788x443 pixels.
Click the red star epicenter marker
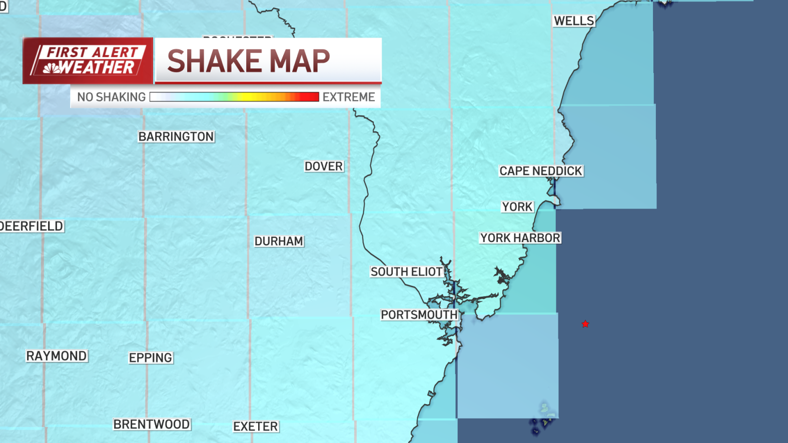click(585, 324)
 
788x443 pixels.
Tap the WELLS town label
click(574, 21)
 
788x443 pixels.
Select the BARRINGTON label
click(176, 136)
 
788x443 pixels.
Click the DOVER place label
click(324, 166)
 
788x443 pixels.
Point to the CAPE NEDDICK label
click(541, 171)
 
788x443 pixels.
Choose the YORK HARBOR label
click(520, 238)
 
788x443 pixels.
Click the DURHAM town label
click(279, 241)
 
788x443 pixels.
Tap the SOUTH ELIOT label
click(407, 271)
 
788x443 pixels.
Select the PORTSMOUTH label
click(419, 315)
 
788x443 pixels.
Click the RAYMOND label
click(57, 356)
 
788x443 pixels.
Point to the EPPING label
click(151, 358)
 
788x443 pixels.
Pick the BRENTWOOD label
click(152, 424)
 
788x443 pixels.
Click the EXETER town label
click(256, 426)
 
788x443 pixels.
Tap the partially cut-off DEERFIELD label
click(32, 226)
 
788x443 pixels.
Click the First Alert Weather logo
click(88, 60)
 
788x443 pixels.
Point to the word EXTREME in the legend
click(349, 97)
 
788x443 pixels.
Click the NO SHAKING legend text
click(111, 97)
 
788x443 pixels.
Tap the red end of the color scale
click(312, 97)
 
